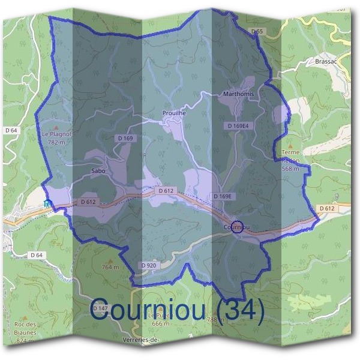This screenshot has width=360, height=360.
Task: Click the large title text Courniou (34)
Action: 178,310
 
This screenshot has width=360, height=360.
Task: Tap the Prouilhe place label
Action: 175,113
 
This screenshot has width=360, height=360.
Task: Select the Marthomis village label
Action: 238,95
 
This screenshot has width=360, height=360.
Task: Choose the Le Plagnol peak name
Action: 56,134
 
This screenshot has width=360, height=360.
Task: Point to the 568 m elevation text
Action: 290,169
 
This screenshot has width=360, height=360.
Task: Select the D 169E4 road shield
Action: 238,126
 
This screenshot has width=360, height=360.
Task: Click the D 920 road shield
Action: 148,265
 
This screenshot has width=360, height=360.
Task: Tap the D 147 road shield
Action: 99,308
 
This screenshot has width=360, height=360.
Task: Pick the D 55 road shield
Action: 257,31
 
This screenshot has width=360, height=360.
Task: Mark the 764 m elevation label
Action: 110,266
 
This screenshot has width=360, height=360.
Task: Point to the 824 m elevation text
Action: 25,340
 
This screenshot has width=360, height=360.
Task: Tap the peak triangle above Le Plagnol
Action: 56,127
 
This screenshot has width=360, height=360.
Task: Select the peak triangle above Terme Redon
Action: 290,145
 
